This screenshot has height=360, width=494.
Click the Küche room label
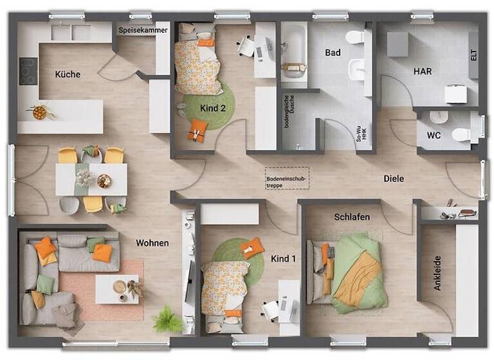(x=68, y=74)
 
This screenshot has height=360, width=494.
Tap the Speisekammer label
(x=143, y=30)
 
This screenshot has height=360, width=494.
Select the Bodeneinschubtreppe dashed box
(x=287, y=178)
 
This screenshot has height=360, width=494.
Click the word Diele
(x=394, y=178)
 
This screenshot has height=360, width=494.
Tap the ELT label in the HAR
(x=473, y=55)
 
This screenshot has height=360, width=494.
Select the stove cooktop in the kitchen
(x=28, y=71)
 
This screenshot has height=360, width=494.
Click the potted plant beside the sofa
(x=168, y=319)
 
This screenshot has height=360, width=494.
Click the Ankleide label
(x=437, y=273)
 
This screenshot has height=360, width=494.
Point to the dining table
(x=91, y=179)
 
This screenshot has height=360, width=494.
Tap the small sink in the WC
(x=437, y=118)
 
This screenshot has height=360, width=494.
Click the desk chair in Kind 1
(x=271, y=310)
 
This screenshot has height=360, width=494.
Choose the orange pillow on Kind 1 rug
(x=252, y=248)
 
